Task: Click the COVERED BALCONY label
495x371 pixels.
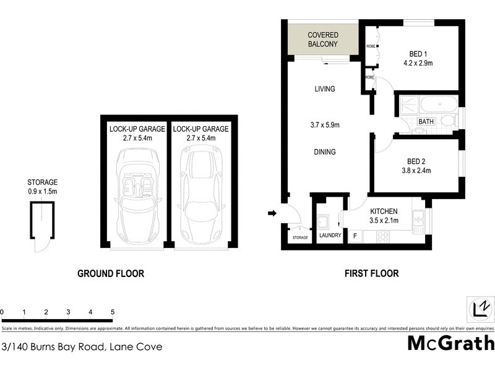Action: point(322,40)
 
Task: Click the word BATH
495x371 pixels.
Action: point(426,122)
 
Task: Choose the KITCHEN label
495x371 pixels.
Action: point(383,211)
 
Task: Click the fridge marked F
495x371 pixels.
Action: point(355,236)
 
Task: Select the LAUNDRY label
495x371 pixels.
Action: point(329,236)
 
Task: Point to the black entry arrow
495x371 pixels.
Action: point(271,214)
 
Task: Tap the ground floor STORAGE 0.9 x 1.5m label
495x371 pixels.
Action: point(42,187)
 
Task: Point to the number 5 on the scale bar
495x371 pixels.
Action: point(113,312)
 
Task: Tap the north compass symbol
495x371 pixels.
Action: point(480,307)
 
